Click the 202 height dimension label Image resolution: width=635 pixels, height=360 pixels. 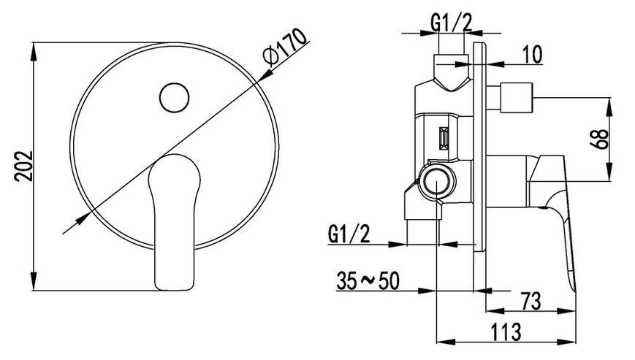tap(23, 166)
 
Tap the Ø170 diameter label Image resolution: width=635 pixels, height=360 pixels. tap(284, 47)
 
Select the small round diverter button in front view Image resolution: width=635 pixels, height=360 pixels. tap(174, 98)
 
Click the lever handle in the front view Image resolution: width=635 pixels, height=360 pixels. tap(175, 222)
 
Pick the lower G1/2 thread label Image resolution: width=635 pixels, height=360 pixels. tap(349, 234)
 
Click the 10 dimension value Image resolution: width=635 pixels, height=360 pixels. tap(533, 55)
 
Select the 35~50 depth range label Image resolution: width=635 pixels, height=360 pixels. tap(368, 280)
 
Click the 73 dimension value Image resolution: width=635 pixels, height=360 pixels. tap(531, 301)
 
